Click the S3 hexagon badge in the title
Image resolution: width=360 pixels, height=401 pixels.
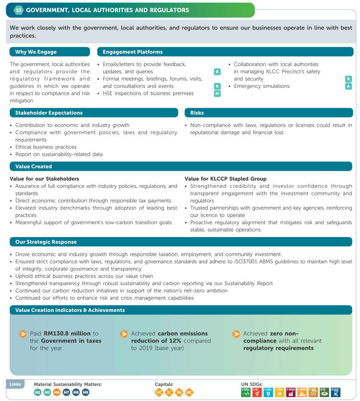[19, 10]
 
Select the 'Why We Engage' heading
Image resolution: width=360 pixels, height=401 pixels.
[36, 52]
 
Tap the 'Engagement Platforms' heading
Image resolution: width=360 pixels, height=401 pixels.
[133, 52]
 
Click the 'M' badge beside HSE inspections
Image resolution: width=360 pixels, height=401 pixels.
[217, 94]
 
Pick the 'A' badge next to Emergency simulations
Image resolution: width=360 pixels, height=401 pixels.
[348, 86]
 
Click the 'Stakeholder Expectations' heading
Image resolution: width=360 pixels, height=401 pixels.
[49, 113]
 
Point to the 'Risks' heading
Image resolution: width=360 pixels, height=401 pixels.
[197, 113]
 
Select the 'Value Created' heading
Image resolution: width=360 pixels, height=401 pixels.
[34, 167]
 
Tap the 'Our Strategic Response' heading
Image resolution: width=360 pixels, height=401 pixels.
[46, 242]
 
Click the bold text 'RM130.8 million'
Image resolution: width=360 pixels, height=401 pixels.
[67, 334]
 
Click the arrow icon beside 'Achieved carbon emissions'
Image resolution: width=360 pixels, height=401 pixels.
[124, 334]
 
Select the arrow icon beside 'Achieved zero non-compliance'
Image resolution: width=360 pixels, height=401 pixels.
[236, 334]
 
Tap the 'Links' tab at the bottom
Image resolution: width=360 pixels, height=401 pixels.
[16, 384]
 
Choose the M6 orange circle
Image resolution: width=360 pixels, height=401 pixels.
[57, 393]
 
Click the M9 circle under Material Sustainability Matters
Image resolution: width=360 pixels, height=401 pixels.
[85, 393]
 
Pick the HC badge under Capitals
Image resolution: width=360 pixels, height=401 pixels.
[160, 393]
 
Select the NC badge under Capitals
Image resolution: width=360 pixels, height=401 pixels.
[189, 393]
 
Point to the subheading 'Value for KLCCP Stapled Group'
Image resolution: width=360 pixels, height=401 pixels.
[225, 179]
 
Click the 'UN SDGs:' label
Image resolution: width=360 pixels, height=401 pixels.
[252, 384]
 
